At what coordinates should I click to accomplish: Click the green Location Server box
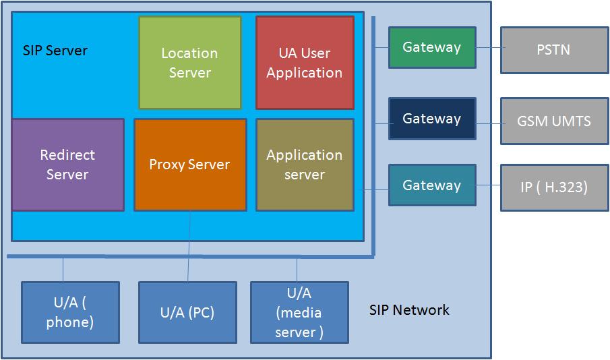point(190,63)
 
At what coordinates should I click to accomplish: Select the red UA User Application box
point(305,63)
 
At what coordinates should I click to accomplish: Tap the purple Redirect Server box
point(68,164)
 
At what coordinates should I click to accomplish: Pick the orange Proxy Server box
point(190,164)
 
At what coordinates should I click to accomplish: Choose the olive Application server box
point(305,164)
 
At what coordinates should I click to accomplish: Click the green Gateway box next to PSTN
point(432,48)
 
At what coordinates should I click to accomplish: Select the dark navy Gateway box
point(432,119)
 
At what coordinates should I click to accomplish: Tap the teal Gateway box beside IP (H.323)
point(432,185)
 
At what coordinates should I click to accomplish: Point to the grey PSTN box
point(554,50)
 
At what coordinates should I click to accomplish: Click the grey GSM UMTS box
point(554,121)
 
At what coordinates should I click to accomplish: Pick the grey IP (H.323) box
point(554,187)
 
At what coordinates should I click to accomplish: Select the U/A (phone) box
point(70,312)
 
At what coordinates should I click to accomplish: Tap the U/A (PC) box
point(187,312)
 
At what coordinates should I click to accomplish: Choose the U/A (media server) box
point(299,312)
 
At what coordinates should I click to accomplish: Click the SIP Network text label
point(409,310)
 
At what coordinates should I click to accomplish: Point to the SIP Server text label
point(55,51)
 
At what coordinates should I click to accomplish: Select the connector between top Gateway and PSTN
point(488,48)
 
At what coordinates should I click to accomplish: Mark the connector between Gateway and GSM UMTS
point(488,122)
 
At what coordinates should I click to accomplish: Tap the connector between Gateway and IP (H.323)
point(488,187)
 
